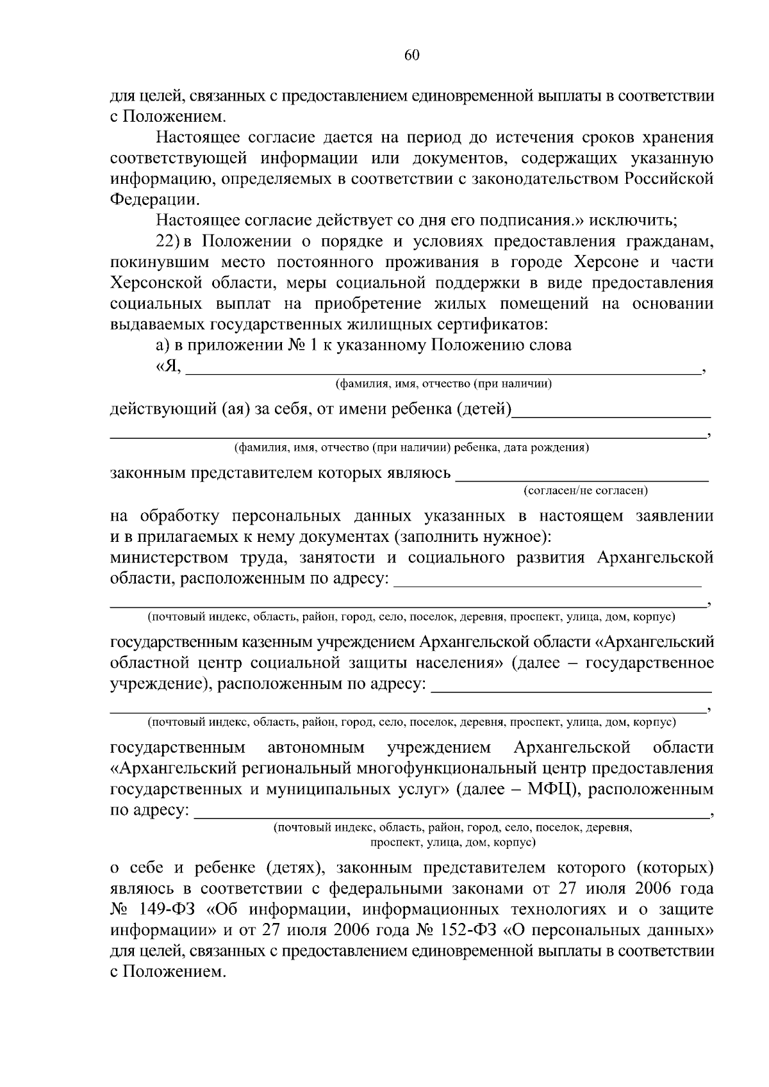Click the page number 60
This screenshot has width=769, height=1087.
(x=411, y=56)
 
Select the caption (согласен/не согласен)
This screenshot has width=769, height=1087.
(x=586, y=491)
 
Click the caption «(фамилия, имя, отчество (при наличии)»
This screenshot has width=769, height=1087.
(x=443, y=384)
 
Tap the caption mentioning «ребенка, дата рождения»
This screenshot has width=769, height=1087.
(x=411, y=448)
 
